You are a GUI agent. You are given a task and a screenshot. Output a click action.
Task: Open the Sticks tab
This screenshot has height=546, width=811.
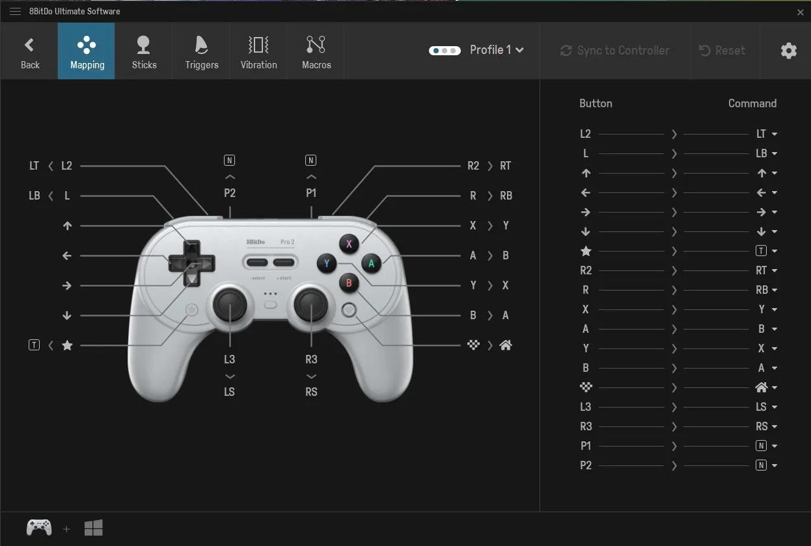point(144,51)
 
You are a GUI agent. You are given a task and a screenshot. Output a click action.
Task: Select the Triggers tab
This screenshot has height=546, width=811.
point(201,51)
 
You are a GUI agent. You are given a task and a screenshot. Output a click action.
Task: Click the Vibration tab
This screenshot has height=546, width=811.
point(258,51)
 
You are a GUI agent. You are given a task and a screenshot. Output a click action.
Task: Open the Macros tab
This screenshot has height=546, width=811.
point(316,51)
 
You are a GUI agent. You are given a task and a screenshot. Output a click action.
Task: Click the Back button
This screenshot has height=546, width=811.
point(29,51)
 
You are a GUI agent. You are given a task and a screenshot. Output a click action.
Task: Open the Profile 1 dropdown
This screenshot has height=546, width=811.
point(496,50)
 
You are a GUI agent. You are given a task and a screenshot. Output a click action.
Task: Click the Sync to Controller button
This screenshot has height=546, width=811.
point(615,51)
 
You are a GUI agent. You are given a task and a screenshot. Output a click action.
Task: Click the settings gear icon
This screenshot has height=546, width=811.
point(788,51)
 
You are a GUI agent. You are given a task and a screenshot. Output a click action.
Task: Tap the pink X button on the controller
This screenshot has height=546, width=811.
point(349,244)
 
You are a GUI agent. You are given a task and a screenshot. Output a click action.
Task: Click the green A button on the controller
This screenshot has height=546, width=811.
point(372,263)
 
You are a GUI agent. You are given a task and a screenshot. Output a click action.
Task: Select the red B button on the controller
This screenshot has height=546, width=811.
point(349,283)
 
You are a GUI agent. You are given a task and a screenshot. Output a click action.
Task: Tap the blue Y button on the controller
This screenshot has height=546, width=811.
point(327,263)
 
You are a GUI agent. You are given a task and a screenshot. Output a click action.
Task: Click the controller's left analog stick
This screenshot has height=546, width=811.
point(230,303)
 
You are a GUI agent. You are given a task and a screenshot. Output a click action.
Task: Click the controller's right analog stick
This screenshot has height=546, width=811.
point(311,303)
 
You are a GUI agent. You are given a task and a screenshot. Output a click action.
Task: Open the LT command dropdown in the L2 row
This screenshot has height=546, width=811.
point(767,134)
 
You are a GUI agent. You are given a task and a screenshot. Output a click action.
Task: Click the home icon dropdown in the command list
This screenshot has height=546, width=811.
point(766,387)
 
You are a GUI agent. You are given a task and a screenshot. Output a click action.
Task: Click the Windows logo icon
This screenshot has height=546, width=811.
point(94,528)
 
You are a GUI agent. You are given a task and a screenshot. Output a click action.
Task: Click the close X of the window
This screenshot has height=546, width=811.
point(800,12)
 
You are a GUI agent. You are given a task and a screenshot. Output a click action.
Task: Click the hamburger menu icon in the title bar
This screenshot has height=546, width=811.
point(15,11)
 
